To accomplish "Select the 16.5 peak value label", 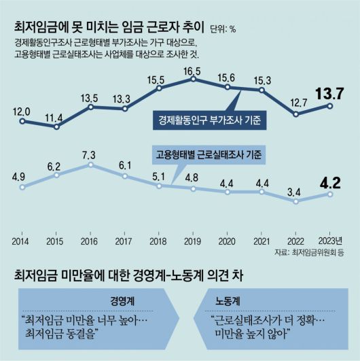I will tap(194, 70).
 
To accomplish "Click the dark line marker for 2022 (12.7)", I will tap(295, 114).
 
